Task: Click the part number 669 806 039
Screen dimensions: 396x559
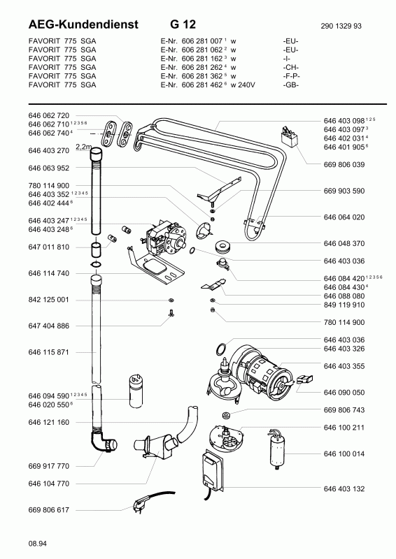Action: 344,165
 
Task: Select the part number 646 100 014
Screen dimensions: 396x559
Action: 344,453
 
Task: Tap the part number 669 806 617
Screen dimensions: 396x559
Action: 48,510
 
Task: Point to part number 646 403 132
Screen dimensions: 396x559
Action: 344,488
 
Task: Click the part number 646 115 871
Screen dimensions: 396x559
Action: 48,352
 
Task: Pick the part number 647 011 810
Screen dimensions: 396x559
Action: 48,247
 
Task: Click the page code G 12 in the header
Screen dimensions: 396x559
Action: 183,24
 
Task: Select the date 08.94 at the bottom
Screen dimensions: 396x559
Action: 37,544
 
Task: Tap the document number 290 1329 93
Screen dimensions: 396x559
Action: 341,26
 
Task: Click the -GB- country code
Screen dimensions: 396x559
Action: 290,85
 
